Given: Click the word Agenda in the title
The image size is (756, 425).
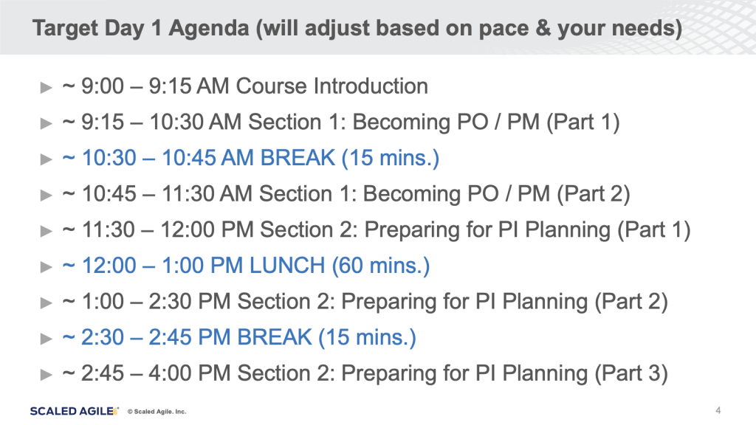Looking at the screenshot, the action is click(x=209, y=29).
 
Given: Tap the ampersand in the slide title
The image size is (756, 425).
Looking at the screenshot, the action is click(x=543, y=28).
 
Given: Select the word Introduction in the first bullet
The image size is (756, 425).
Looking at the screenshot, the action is click(x=371, y=86).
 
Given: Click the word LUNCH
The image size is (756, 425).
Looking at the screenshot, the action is click(x=287, y=266).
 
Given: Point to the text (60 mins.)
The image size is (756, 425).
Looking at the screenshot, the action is click(x=381, y=266).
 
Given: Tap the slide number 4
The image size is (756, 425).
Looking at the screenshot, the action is click(x=718, y=410).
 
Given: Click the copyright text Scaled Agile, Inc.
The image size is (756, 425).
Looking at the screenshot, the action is click(x=157, y=412).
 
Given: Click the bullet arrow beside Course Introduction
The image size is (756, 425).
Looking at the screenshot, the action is click(x=47, y=88).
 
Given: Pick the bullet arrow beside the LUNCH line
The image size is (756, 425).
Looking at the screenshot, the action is click(x=47, y=267).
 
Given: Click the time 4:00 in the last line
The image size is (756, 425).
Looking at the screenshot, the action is click(x=171, y=373).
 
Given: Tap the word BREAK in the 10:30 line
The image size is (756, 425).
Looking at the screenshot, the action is click(x=298, y=158).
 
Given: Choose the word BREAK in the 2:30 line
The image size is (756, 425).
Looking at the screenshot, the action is click(x=275, y=337).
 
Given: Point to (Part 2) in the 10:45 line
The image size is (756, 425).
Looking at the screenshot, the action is click(x=593, y=194).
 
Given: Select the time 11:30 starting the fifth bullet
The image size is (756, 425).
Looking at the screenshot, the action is click(x=109, y=230).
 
